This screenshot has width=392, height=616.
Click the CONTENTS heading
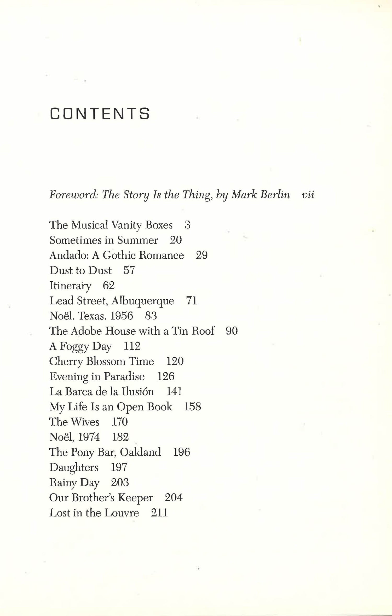pyautogui.click(x=100, y=114)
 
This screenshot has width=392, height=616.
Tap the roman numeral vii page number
pyautogui.click(x=308, y=195)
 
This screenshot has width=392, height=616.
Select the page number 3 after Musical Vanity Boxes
pyautogui.click(x=187, y=225)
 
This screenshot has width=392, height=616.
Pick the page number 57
pyautogui.click(x=129, y=270)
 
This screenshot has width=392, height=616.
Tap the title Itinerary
pyautogui.click(x=70, y=286)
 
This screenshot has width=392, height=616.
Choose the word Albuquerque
pyautogui.click(x=143, y=301)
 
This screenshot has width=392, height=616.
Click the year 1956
pyautogui.click(x=122, y=316)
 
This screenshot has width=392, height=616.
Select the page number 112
pyautogui.click(x=132, y=346)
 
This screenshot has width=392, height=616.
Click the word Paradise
pyautogui.click(x=124, y=376)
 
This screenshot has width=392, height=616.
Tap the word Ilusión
pyautogui.click(x=137, y=392)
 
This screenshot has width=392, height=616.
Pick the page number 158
pyautogui.click(x=193, y=407)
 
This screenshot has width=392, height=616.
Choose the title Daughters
pyautogui.click(x=74, y=467)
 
